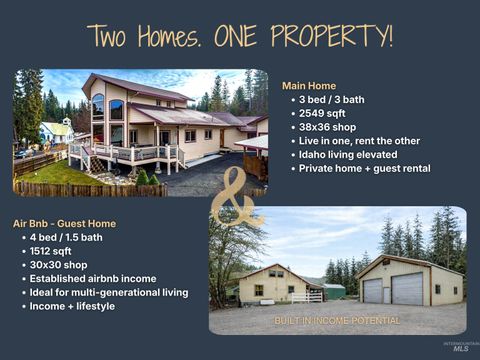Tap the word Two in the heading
[109, 36]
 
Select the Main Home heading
[309, 86]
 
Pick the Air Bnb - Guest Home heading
[64, 223]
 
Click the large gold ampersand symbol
[238, 194]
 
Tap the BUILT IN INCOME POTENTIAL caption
[337, 321]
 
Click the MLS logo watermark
[460, 346]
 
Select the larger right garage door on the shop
[406, 289]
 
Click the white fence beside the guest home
[307, 296]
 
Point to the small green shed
[334, 291]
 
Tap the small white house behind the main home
[56, 131]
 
